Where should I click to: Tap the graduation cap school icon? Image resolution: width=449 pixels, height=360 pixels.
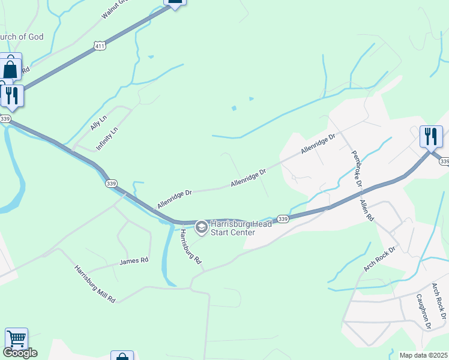coord(202,227)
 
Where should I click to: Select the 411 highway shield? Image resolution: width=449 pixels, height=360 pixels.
coord(100,46)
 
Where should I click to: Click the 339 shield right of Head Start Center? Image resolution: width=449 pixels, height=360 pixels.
coord(283,220)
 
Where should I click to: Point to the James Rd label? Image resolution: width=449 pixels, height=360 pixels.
coord(133,261)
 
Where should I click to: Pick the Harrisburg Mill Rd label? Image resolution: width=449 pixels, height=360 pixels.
coord(95,283)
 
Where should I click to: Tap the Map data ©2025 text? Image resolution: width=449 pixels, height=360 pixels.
coord(423,355)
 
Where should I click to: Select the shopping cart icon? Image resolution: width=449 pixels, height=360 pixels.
coord(16,340)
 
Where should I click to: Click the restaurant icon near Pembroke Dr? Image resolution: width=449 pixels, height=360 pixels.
coord(431,136)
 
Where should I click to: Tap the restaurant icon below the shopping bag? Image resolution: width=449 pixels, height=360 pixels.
coord(11,95)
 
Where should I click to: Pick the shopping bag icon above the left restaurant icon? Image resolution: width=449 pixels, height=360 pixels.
coord(11,68)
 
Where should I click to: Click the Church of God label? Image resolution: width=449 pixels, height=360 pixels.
coord(22,37)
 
